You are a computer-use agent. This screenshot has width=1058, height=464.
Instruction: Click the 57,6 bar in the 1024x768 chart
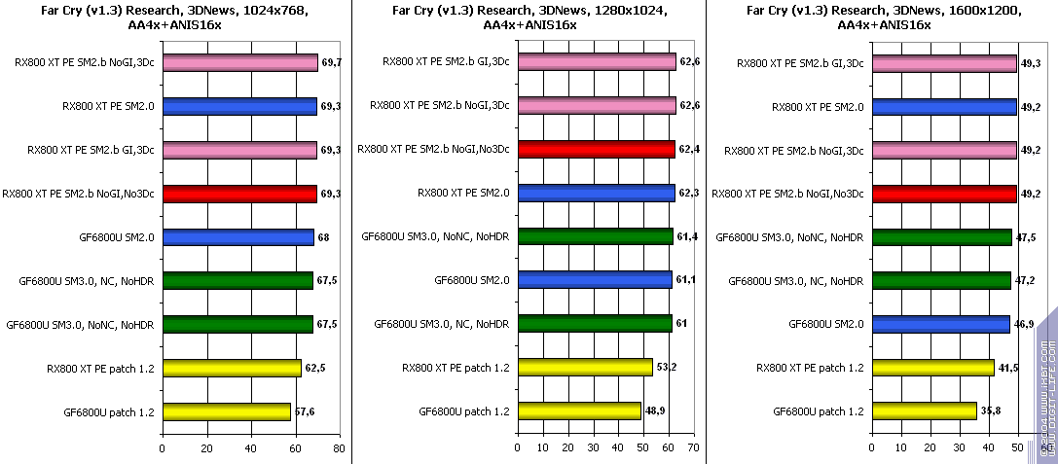point(227,411)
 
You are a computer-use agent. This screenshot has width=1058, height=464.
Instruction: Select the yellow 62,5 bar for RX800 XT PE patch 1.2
point(232,368)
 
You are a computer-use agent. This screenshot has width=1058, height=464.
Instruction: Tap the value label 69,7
point(331,63)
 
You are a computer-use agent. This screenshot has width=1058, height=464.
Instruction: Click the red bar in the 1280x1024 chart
point(597,149)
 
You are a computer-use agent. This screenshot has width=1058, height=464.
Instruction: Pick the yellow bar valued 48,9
point(579,410)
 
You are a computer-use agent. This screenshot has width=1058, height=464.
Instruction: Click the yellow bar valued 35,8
point(924,410)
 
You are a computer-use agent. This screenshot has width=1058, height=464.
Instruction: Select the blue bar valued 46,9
point(940,324)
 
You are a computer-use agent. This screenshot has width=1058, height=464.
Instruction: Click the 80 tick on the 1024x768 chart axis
point(338,448)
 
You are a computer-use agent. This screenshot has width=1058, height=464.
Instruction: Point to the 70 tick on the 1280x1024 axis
point(692,448)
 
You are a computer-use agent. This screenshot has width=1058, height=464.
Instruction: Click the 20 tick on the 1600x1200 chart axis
point(932,448)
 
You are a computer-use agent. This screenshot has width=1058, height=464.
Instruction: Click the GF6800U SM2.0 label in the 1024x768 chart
point(115,236)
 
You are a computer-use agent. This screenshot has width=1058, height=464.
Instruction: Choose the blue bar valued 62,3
point(597,193)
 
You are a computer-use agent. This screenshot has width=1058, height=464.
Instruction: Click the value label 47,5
point(1025,237)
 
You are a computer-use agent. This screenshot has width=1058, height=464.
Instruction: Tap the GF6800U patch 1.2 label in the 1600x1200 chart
point(818,411)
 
